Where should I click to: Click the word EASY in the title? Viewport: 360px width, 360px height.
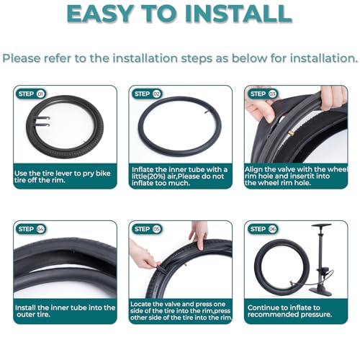100,14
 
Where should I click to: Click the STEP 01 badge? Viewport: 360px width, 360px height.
31,94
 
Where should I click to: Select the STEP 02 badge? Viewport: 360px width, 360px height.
147,94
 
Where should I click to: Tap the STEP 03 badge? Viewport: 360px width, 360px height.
263,94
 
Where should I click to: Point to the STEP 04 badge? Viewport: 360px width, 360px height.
31,229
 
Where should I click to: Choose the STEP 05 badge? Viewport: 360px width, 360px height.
147,229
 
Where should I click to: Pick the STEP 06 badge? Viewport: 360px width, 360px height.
263,229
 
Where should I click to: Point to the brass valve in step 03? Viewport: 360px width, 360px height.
291,132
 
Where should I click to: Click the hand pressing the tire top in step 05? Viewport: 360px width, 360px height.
199,235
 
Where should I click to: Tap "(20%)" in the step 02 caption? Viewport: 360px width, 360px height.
153,176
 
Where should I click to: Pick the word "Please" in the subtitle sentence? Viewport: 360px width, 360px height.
22,58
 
